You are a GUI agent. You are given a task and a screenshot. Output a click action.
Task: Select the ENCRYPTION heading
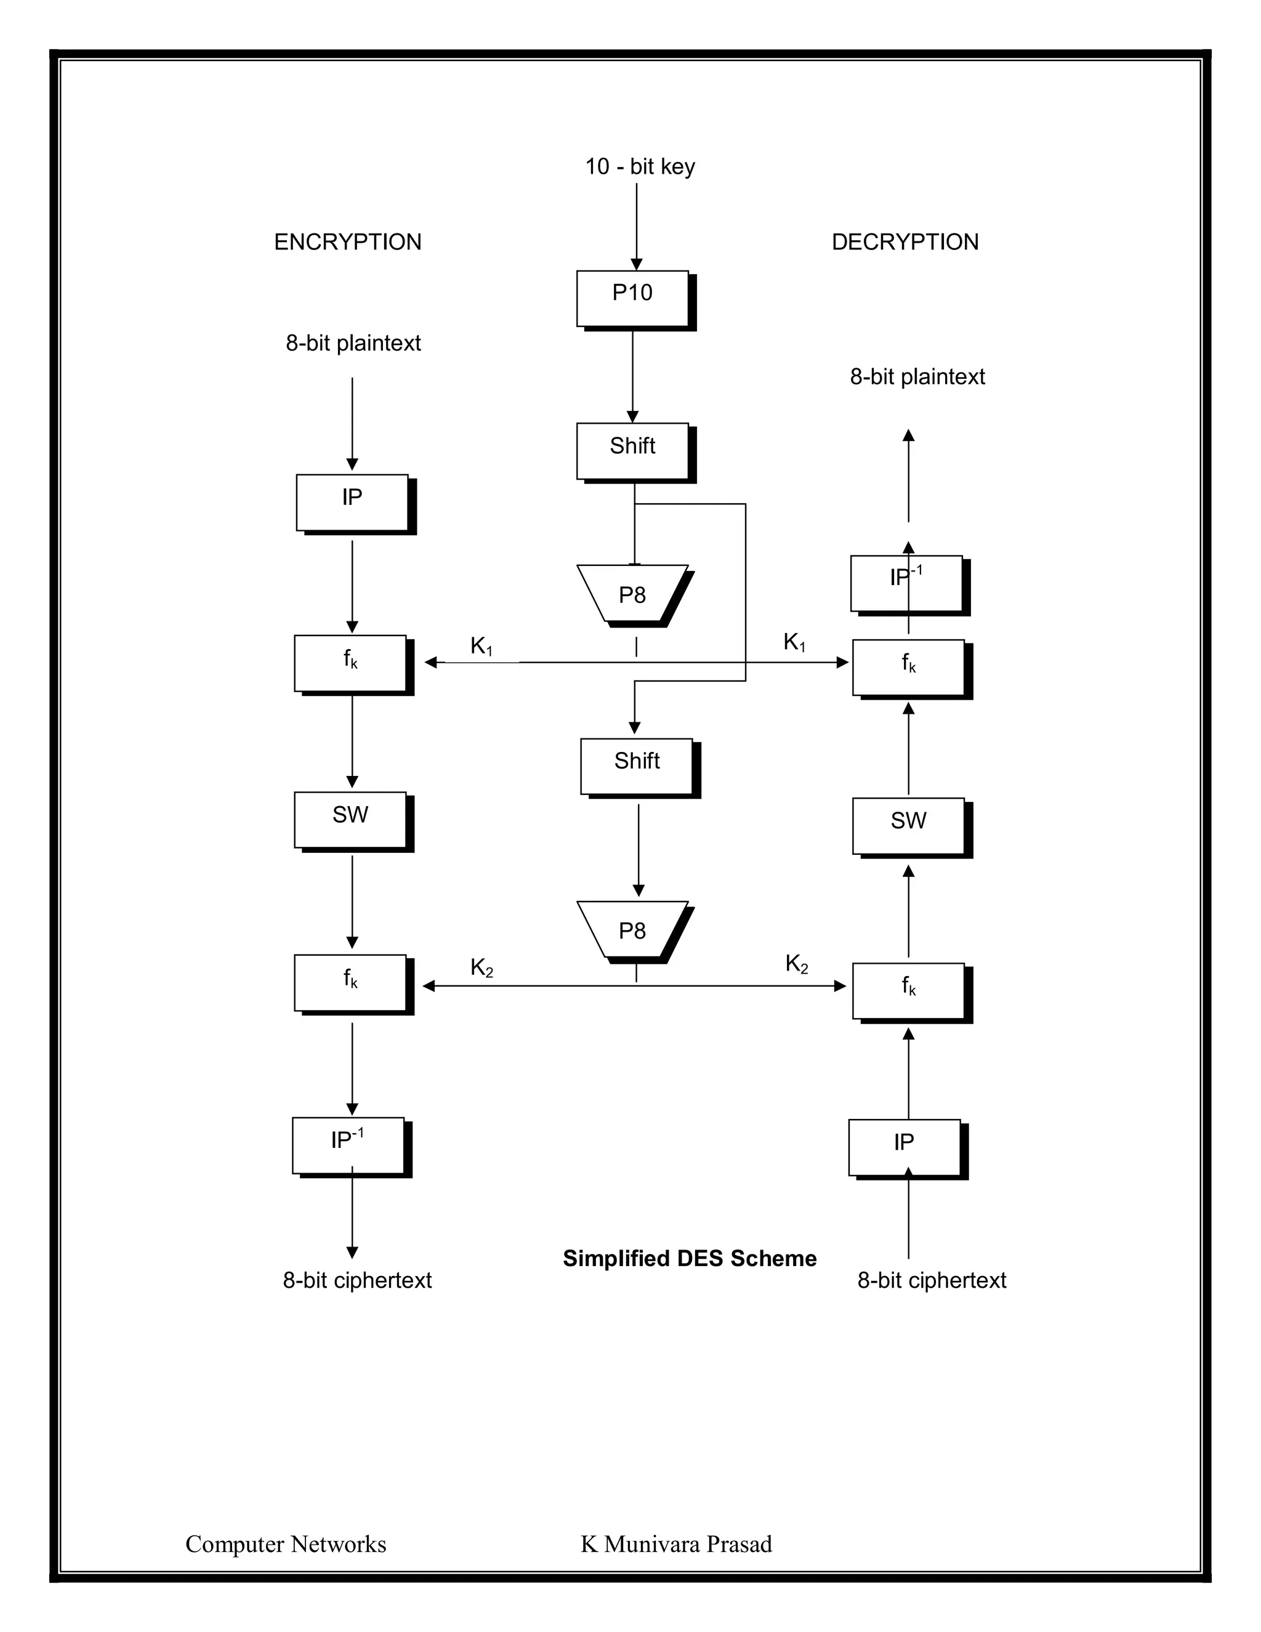(x=347, y=242)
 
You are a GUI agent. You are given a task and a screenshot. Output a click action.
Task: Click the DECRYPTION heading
(x=904, y=242)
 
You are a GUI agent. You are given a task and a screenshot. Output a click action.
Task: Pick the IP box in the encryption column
(x=352, y=502)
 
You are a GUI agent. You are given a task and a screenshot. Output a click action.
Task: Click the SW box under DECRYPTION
(x=908, y=826)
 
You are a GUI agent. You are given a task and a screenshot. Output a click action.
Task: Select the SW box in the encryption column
(x=350, y=820)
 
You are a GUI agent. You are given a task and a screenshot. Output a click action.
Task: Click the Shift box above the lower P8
(x=637, y=766)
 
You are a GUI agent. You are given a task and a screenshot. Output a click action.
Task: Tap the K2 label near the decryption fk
(x=796, y=964)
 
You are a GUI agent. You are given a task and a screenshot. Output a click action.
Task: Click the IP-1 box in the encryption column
(x=348, y=1145)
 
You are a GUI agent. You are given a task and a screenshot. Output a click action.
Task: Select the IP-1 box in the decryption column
(x=906, y=583)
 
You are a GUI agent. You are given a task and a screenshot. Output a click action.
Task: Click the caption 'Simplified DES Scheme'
(x=689, y=1258)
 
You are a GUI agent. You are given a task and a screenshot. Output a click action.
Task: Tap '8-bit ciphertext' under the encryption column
(x=357, y=1280)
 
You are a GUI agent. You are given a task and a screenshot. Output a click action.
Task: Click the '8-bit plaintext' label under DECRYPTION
(x=917, y=377)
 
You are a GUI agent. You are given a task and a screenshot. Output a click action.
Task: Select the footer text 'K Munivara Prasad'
(x=676, y=1545)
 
